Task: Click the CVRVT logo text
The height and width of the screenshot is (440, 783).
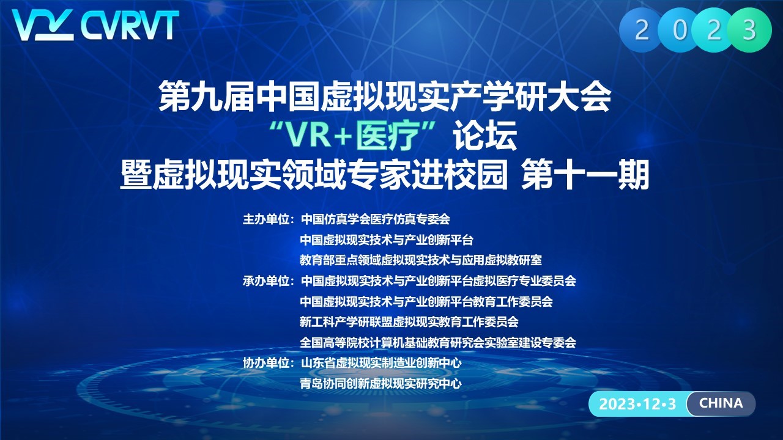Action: pos(130,25)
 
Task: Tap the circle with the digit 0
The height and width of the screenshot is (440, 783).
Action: pos(680,30)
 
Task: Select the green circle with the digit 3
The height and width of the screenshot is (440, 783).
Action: pos(749,30)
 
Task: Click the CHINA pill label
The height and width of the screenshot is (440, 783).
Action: pos(721,403)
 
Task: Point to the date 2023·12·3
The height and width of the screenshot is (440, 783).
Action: pos(637,404)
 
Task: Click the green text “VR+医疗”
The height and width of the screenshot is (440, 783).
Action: pos(354,136)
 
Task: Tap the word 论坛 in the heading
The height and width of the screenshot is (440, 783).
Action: pos(485,136)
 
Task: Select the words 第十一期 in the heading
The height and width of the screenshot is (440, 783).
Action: pos(585,175)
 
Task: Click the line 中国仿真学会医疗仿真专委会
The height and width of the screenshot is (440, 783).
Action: pos(376,219)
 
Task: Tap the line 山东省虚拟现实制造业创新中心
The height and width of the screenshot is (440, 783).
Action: pos(381,363)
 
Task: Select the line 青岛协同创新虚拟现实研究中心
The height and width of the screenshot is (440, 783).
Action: pos(381,383)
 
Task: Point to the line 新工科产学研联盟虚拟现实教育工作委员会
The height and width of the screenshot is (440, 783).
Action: pos(409,321)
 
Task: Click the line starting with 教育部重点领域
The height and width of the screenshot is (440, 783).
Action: pos(421,260)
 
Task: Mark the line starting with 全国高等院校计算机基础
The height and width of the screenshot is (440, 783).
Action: pos(438,342)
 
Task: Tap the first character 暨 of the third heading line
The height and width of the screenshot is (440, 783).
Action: pos(136,175)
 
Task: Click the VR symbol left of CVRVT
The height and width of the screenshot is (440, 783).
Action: pos(43,25)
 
